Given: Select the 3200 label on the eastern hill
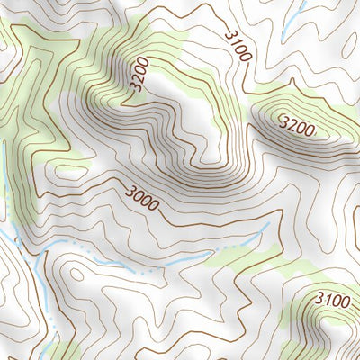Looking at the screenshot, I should point(296,127).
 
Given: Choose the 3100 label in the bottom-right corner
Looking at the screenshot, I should point(332,300).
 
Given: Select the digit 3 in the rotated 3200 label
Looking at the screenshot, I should point(141,90).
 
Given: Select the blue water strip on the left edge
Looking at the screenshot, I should point(4,180).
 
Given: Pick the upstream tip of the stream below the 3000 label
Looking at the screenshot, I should point(267,225).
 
